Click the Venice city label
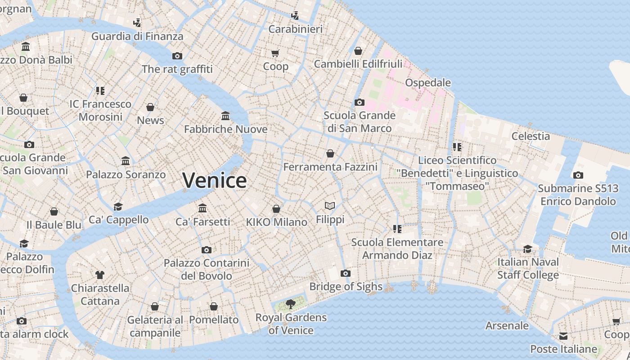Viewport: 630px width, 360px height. [215, 180]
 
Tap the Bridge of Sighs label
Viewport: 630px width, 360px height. [346, 286]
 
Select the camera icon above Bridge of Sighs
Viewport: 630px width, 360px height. [345, 273]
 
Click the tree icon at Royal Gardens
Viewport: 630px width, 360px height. [291, 304]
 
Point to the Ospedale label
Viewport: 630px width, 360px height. [427, 82]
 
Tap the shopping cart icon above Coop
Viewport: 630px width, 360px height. [275, 53]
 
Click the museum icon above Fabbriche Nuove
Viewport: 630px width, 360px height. [225, 116]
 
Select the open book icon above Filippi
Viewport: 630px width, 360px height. [330, 206]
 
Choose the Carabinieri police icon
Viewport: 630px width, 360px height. [295, 16]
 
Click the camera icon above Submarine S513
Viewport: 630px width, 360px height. [578, 175]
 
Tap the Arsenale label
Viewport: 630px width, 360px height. [507, 325]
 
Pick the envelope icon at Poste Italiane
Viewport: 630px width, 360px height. [563, 336]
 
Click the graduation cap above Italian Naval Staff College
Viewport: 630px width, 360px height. [527, 249]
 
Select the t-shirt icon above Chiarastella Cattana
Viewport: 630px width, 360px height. [100, 274]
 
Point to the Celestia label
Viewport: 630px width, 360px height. [531, 136]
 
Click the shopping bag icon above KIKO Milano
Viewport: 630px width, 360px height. [276, 209]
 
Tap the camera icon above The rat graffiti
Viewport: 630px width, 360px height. [177, 56]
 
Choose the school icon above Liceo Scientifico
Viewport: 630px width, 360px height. [457, 147]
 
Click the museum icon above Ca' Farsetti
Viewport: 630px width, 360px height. [202, 208]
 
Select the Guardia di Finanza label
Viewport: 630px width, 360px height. [137, 36]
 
